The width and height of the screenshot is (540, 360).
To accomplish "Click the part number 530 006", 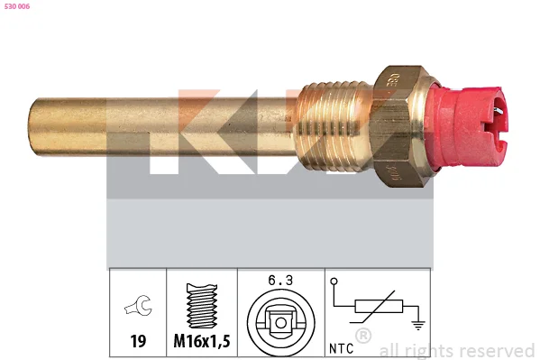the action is [x=17, y=6].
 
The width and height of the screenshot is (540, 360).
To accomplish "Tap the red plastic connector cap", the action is [x=467, y=125].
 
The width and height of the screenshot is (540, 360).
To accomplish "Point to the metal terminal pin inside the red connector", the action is [x=498, y=110].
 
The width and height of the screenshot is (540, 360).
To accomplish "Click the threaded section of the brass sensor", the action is [x=333, y=125].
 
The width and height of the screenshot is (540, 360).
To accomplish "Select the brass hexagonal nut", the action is [x=399, y=125].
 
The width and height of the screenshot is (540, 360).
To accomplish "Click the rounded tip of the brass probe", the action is [x=33, y=125].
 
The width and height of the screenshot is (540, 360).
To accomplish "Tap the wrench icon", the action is [x=139, y=305].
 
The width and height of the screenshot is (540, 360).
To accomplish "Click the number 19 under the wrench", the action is [x=138, y=341].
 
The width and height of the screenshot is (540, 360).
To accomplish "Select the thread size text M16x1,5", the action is [x=202, y=341].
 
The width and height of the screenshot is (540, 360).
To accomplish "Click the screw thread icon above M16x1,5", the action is [x=202, y=306].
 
